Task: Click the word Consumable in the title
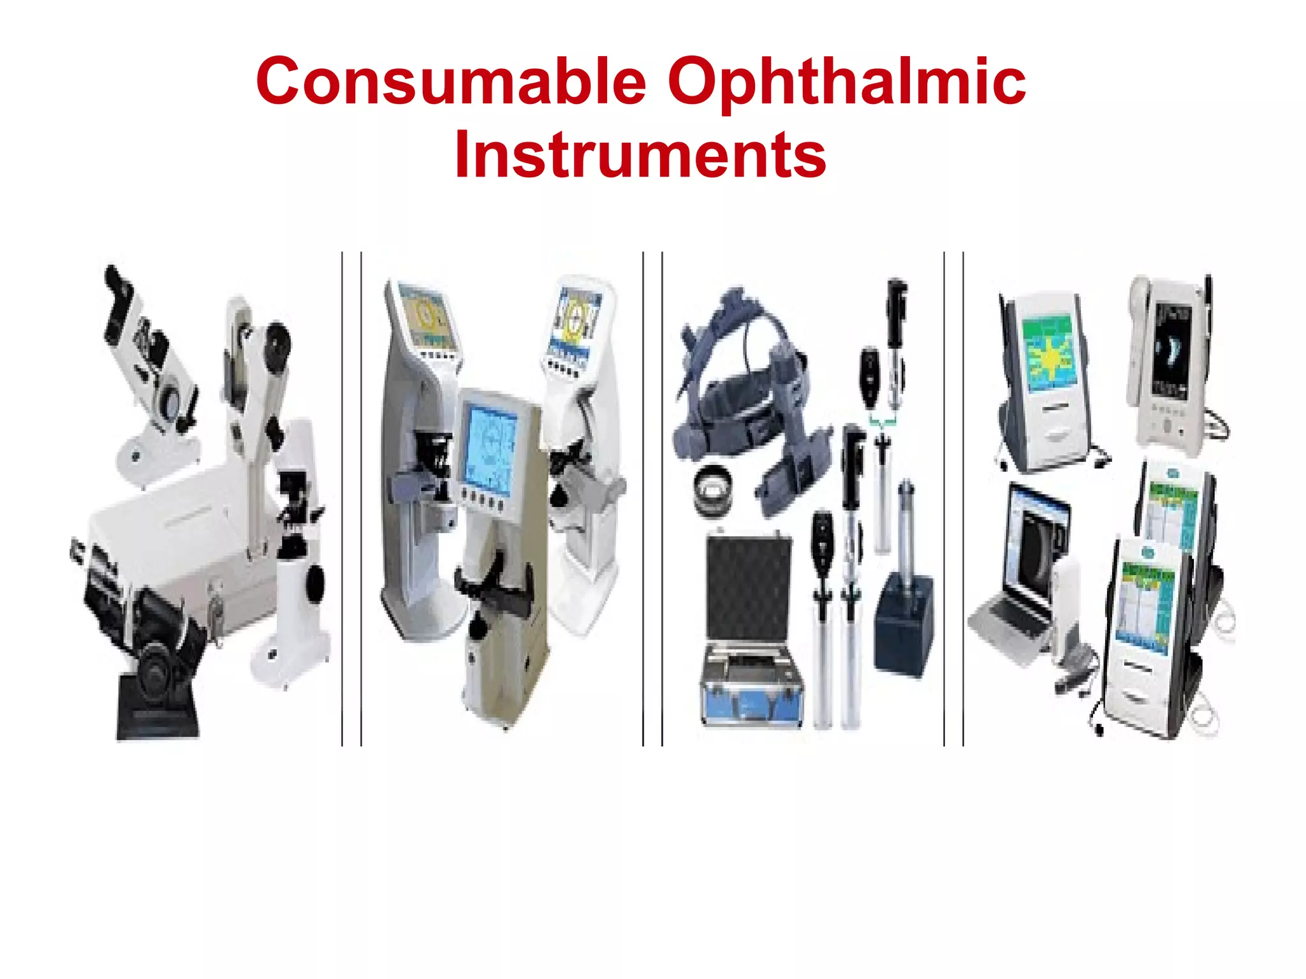451,82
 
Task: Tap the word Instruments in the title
640,155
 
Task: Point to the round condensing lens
714,490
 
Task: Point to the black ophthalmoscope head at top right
896,306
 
